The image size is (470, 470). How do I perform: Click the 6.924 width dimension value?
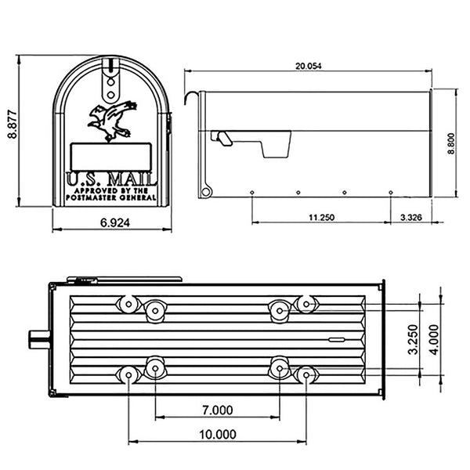pos(114,222)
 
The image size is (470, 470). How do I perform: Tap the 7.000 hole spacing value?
pos(217,410)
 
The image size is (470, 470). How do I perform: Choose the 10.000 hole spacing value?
pos(215,435)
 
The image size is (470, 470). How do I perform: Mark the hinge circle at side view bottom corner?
pos(206,190)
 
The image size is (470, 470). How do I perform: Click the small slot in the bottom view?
pos(337,340)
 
